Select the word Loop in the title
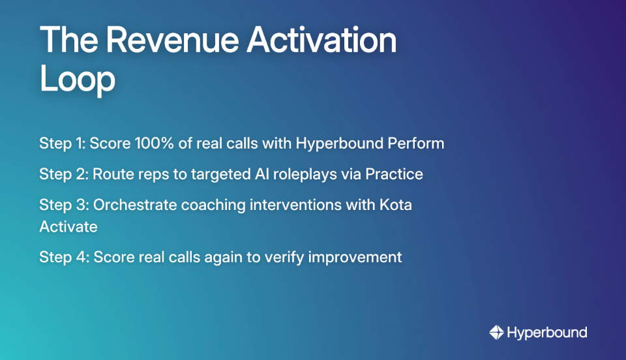(x=77, y=80)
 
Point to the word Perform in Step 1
(x=418, y=143)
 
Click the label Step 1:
(x=62, y=143)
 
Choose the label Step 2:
(x=63, y=174)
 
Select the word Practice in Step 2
(x=394, y=174)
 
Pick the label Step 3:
(x=63, y=205)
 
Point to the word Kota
(x=396, y=205)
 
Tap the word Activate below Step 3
(x=68, y=226)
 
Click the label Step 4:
(x=64, y=257)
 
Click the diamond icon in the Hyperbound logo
(x=496, y=333)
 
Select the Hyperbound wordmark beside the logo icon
(x=546, y=333)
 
